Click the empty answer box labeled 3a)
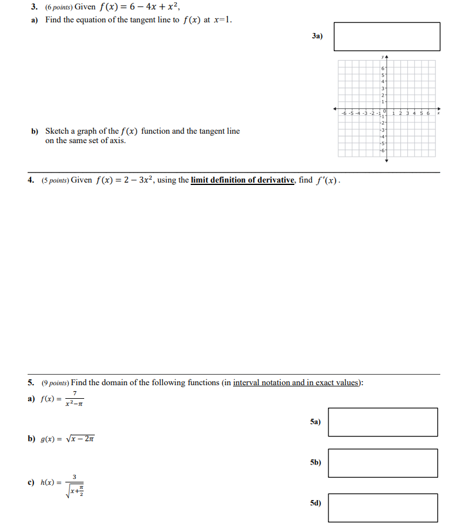point(387,37)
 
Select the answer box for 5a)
point(383,422)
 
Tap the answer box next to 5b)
point(383,463)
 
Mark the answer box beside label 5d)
point(383,508)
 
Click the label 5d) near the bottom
point(316,504)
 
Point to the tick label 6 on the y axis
point(383,69)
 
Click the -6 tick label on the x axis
point(344,113)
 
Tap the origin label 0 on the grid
point(383,111)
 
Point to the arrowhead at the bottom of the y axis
point(387,160)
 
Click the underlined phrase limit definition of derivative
point(243,180)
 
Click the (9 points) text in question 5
point(54,383)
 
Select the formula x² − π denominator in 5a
point(75,403)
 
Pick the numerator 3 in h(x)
point(75,477)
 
